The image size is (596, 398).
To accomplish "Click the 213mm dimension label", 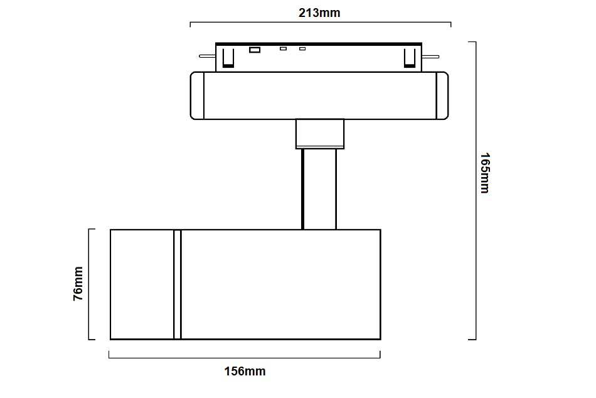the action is [x=319, y=13].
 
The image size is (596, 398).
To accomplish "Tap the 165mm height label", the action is [x=485, y=173].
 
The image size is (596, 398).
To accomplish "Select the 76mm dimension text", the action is [x=78, y=284].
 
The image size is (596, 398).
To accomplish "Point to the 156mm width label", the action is [x=245, y=371].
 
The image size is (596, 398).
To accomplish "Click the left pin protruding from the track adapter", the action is [x=207, y=56].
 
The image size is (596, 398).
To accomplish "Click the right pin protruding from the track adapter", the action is [x=430, y=56].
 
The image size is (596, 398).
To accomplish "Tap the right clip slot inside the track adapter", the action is [x=410, y=58].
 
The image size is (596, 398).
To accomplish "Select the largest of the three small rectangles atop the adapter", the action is [x=255, y=50].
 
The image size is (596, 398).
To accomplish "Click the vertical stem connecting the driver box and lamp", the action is [x=319, y=189].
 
